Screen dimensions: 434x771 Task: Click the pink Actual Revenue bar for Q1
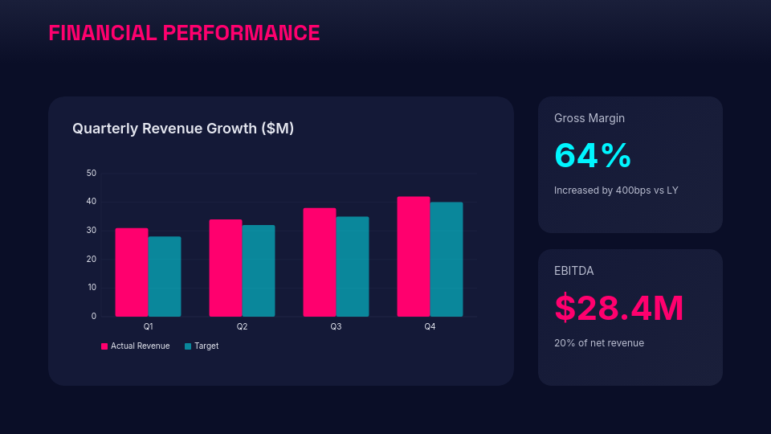coord(132,272)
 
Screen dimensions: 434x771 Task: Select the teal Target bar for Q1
coord(165,276)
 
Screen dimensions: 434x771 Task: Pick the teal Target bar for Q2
coord(259,271)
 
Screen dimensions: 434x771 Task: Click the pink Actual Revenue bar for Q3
coord(320,262)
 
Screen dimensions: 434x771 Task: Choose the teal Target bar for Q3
coord(353,266)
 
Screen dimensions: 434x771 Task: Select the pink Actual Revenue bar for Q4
coord(414,256)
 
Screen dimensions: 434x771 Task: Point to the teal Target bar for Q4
coord(447,260)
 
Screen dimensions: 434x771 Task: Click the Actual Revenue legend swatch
coord(104,346)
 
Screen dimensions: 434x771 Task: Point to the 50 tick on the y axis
coord(92,174)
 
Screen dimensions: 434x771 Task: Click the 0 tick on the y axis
coord(93,316)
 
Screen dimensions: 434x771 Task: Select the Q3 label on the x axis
coord(336,327)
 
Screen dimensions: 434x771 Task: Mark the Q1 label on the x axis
coord(149,327)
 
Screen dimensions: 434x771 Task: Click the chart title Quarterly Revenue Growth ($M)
coord(183,129)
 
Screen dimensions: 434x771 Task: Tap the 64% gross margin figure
coord(593,155)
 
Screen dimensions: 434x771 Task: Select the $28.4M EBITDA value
coord(619,308)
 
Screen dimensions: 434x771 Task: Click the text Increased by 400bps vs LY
coord(616,190)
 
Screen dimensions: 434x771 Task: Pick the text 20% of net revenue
coord(599,343)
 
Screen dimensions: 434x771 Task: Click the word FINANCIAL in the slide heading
coord(102,33)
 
